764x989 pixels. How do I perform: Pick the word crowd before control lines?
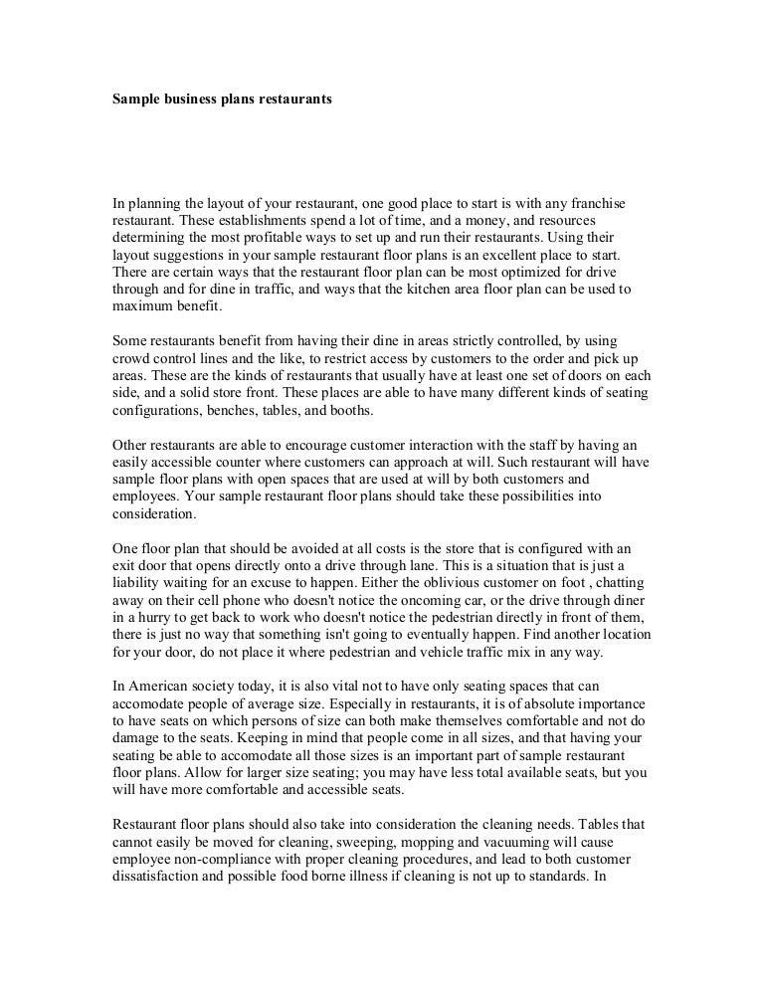(x=132, y=357)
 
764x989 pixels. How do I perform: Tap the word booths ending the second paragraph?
(x=349, y=410)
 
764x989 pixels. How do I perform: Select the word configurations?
(x=159, y=410)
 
